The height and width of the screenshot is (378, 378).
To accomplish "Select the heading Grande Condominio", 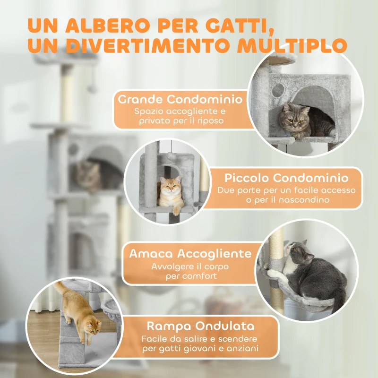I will pyautogui.click(x=180, y=100).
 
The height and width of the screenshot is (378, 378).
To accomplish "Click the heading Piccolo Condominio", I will pyautogui.click(x=286, y=178).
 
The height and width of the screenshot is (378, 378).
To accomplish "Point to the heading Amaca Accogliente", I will pyautogui.click(x=190, y=253).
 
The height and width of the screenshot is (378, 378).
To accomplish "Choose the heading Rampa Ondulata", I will pyautogui.click(x=200, y=326).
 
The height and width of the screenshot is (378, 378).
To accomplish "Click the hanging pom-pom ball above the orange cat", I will pyautogui.click(x=171, y=156).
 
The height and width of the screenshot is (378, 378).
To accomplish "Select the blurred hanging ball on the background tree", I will pyautogui.click(x=93, y=88).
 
